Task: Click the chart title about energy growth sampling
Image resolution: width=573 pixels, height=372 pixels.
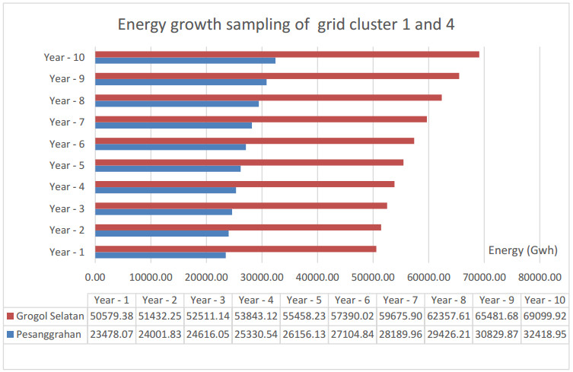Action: pos(286,24)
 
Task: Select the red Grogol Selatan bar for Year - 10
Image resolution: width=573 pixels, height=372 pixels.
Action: pos(287,54)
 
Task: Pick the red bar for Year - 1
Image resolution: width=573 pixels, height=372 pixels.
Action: pos(235,249)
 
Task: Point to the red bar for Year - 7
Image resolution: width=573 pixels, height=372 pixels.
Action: pos(260,119)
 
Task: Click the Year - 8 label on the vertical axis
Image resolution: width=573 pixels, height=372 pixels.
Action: pos(66,100)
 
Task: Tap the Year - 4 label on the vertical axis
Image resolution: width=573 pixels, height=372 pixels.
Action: pos(66,187)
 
